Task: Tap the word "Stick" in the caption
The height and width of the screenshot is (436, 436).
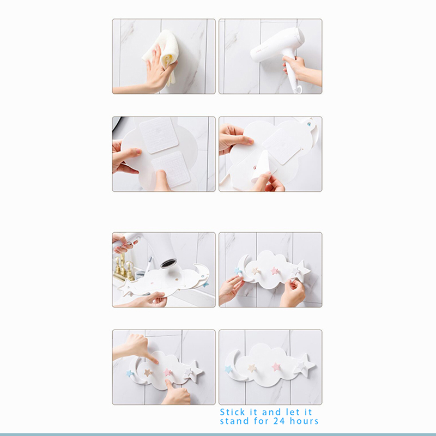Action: (x=232, y=412)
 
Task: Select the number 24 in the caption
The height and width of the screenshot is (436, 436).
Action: (x=280, y=421)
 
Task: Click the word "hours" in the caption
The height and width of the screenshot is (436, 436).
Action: (x=304, y=421)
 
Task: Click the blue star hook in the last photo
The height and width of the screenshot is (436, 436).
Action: (x=228, y=370)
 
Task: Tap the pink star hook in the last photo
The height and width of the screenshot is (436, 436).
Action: (x=276, y=367)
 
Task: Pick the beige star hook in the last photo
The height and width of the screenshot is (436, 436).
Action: (x=252, y=368)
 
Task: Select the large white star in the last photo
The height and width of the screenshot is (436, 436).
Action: (x=305, y=365)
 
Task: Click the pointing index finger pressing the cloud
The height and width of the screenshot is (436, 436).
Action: (x=150, y=358)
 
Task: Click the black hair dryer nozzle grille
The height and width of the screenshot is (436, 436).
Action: (x=169, y=263)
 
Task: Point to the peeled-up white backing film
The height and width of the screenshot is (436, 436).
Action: (x=262, y=167)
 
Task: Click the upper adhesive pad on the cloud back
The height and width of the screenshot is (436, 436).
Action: (x=159, y=135)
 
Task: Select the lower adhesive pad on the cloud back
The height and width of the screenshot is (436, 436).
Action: (x=171, y=169)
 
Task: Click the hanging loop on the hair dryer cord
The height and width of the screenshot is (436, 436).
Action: (x=298, y=89)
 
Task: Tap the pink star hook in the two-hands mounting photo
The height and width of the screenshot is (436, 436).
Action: (x=275, y=270)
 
